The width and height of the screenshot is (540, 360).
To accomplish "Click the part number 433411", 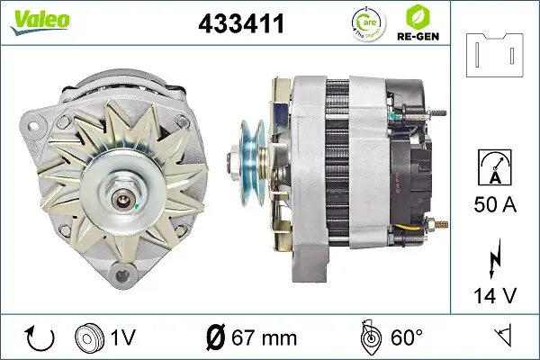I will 240,24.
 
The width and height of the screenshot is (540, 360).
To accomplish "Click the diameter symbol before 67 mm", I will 217,337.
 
